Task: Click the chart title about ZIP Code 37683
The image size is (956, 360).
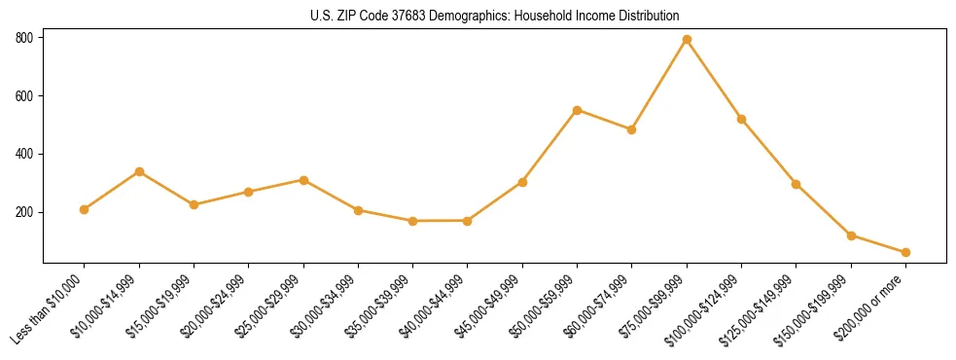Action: pyautogui.click(x=495, y=17)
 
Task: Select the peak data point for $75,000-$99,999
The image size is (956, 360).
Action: pyautogui.click(x=687, y=40)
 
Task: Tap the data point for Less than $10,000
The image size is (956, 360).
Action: pyautogui.click(x=85, y=209)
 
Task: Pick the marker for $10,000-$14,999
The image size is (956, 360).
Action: pyautogui.click(x=139, y=171)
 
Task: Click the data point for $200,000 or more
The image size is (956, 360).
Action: pyautogui.click(x=905, y=252)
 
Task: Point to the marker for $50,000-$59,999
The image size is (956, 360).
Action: pyautogui.click(x=577, y=110)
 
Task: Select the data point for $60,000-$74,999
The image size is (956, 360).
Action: pyautogui.click(x=632, y=129)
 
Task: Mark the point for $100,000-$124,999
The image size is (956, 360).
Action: pyautogui.click(x=741, y=119)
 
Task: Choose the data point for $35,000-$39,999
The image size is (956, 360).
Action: pyautogui.click(x=412, y=221)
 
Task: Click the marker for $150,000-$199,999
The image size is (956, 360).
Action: pyautogui.click(x=851, y=235)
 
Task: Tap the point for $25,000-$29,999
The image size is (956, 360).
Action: pyautogui.click(x=303, y=180)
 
